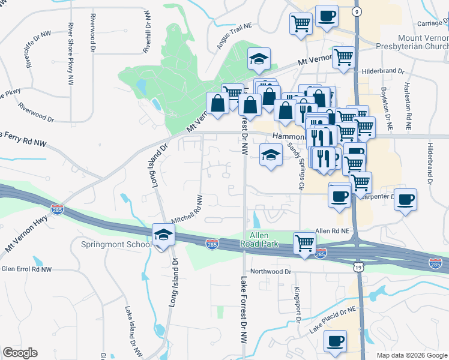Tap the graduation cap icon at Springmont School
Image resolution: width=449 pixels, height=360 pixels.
point(163,235)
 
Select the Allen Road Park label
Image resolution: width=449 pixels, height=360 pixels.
point(260,240)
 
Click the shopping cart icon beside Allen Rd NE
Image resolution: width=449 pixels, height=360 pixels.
point(304,244)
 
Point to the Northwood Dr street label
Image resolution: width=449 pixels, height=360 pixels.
point(271,272)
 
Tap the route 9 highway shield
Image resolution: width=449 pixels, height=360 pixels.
point(357,11)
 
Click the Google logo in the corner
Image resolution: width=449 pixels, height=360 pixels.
point(20,353)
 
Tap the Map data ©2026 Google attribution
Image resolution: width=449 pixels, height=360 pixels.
point(412,355)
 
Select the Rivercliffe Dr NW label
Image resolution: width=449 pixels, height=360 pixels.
point(28,49)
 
